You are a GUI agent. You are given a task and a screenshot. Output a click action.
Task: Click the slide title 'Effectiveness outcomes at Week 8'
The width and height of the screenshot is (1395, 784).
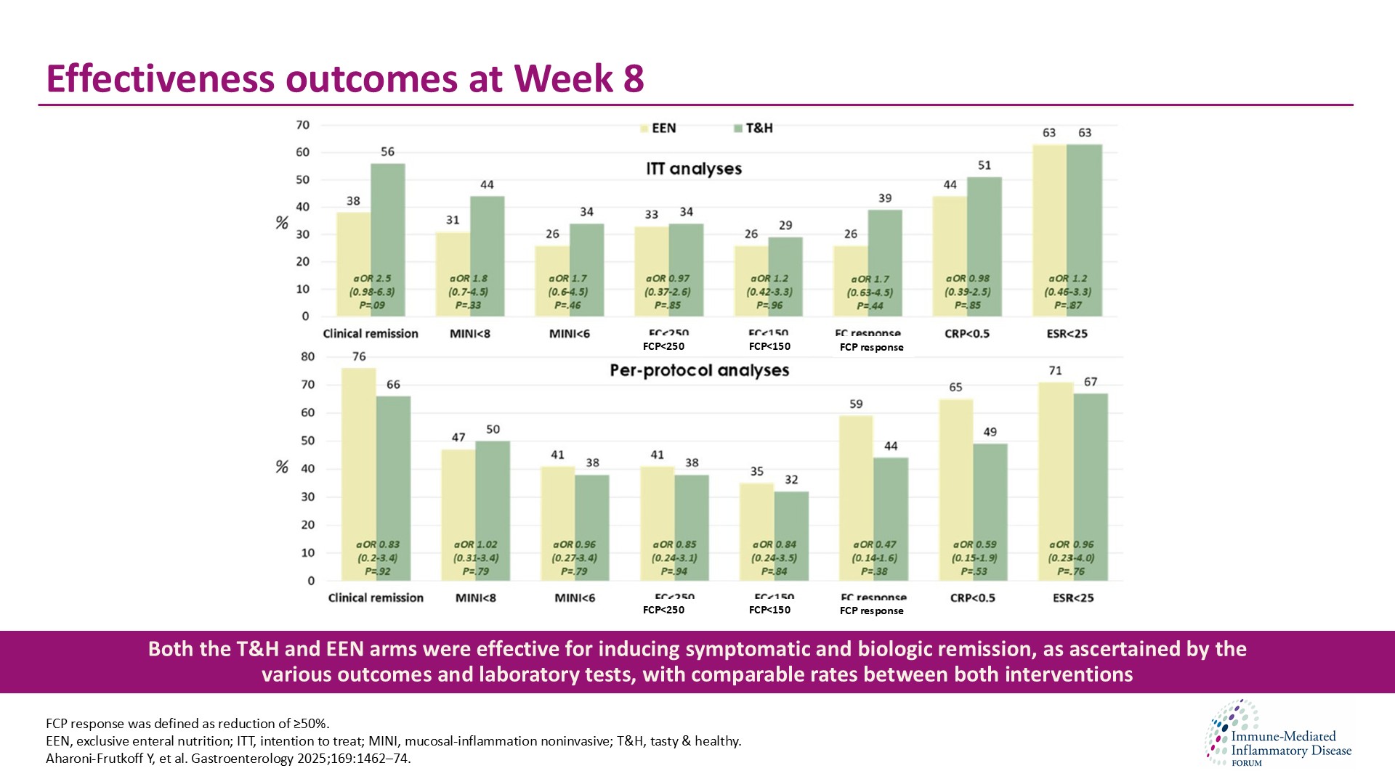[344, 78]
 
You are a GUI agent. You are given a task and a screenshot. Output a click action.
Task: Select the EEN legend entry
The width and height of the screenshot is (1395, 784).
[658, 128]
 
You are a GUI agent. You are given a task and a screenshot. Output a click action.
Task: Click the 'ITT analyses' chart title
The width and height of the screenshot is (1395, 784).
[694, 169]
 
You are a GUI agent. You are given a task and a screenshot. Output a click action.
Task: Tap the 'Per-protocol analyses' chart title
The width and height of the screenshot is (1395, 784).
[699, 371]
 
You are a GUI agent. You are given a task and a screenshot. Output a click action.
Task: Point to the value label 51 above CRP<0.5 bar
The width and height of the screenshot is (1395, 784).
[984, 166]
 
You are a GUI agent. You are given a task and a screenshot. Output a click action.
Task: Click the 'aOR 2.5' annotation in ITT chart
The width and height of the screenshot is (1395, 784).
[372, 279]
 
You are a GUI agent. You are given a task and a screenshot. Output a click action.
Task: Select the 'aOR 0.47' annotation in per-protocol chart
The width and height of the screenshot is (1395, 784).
[874, 544]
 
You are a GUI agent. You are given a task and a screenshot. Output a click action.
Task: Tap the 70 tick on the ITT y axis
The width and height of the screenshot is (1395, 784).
[302, 126]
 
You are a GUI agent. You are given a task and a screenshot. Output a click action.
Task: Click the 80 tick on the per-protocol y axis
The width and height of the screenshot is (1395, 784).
[307, 357]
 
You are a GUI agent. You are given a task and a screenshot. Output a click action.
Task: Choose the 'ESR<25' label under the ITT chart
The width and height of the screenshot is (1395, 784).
[1067, 334]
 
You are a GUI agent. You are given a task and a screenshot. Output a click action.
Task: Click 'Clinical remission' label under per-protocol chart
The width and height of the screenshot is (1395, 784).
[376, 598]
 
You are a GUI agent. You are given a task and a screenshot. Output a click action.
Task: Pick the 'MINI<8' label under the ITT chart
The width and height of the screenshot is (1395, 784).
[469, 334]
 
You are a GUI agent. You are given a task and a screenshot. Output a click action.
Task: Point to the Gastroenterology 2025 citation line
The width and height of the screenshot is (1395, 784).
[228, 759]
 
